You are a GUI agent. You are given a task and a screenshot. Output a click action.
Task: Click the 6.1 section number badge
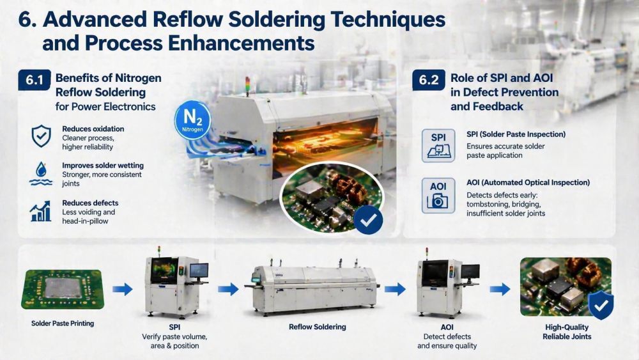[x=34, y=81]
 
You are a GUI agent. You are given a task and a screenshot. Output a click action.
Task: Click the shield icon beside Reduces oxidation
[x=41, y=136]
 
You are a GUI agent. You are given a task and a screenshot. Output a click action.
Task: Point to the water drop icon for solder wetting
[x=41, y=173]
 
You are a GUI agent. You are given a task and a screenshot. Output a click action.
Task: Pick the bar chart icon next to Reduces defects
[x=41, y=210]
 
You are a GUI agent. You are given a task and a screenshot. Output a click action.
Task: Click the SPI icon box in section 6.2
[x=438, y=145]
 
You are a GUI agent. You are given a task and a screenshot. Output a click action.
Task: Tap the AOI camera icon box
[x=438, y=194]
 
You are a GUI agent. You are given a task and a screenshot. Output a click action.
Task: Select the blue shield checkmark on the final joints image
[x=600, y=306]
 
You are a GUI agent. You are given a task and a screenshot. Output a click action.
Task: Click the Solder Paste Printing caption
[x=63, y=324]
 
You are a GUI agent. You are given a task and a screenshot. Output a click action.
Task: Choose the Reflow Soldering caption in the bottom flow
[x=318, y=327]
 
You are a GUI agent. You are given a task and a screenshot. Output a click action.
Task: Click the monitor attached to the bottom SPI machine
[x=199, y=271]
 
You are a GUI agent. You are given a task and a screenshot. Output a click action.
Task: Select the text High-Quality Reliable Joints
[x=567, y=332]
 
